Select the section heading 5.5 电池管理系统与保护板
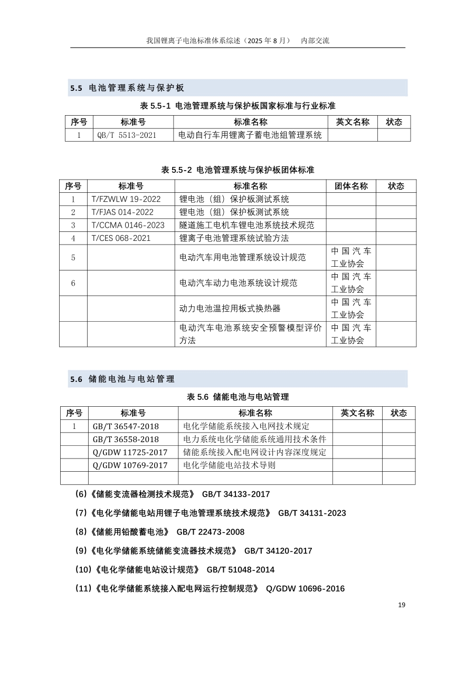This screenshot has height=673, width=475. [127, 88]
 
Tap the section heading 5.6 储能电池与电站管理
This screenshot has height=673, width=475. [122, 379]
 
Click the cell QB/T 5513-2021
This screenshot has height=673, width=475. [127, 135]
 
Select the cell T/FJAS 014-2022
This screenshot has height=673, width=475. [122, 212]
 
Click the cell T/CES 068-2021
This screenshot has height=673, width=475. [121, 238]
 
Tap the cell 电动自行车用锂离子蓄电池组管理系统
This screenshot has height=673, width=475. [250, 135]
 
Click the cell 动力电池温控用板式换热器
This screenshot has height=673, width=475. [230, 309]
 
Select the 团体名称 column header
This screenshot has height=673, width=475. [351, 186]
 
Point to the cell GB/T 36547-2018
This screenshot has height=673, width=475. [126, 426]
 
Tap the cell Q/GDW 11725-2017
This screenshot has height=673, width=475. [130, 452]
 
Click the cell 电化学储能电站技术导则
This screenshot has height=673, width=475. [229, 465]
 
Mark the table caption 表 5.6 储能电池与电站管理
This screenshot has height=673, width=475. [238, 397]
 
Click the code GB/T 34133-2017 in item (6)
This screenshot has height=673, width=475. [236, 494]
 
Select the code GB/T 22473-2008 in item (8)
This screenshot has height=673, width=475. [211, 532]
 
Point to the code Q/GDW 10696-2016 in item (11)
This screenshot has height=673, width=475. [305, 588]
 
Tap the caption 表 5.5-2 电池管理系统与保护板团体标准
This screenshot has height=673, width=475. [237, 170]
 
